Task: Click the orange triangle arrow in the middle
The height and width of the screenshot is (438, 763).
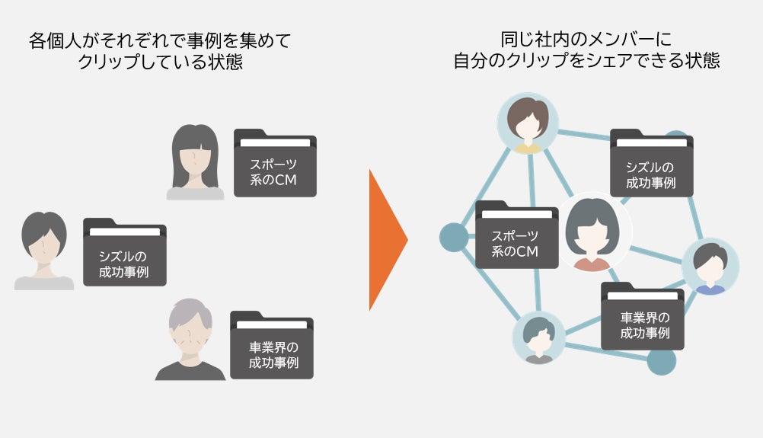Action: (x=386, y=240)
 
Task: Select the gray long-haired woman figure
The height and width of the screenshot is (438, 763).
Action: (x=196, y=162)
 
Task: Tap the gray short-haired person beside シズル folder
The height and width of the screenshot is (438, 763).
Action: (x=44, y=251)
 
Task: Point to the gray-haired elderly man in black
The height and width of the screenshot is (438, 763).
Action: (x=190, y=340)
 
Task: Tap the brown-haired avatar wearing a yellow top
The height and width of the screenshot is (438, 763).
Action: (x=528, y=124)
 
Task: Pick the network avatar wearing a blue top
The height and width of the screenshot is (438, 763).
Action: (x=710, y=267)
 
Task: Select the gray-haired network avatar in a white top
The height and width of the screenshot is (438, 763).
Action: (x=538, y=338)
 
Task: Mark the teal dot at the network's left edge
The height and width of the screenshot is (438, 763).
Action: (x=455, y=237)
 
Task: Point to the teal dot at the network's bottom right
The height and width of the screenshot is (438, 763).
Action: (x=661, y=361)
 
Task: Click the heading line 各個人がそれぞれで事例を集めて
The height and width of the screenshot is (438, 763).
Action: (x=160, y=40)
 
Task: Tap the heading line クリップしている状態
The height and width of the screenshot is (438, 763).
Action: (x=160, y=62)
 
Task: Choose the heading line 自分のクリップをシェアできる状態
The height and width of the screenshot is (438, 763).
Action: (x=586, y=61)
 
